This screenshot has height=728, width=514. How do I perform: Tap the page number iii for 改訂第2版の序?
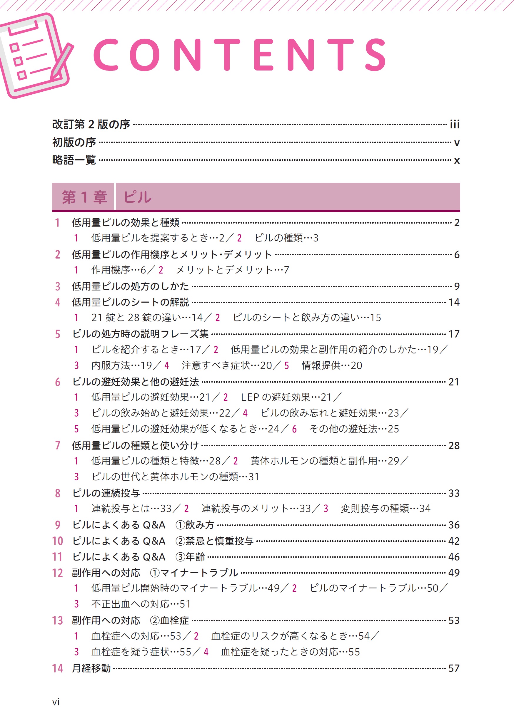454,124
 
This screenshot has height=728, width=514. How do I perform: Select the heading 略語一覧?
74,160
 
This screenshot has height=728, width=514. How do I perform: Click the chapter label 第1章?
84,197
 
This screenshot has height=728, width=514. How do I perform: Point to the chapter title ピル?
138,197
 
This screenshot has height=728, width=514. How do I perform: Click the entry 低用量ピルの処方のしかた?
130,286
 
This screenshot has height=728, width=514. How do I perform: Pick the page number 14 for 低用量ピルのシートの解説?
454,302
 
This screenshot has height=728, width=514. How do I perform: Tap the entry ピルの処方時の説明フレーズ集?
140,334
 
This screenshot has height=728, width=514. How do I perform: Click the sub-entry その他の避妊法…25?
354,429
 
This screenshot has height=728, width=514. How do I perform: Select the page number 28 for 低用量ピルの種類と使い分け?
454,445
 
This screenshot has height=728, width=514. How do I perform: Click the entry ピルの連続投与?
106,493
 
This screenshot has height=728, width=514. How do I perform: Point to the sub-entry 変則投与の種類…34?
385,509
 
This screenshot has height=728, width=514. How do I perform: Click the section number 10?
57,541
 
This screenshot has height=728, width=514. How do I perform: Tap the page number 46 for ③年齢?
454,557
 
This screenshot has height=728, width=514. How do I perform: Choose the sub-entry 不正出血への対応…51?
141,604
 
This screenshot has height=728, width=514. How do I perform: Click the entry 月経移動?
91,668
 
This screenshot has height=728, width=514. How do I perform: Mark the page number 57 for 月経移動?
454,668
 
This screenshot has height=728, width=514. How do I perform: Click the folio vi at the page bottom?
56,702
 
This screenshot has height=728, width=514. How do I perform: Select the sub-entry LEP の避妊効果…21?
286,397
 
